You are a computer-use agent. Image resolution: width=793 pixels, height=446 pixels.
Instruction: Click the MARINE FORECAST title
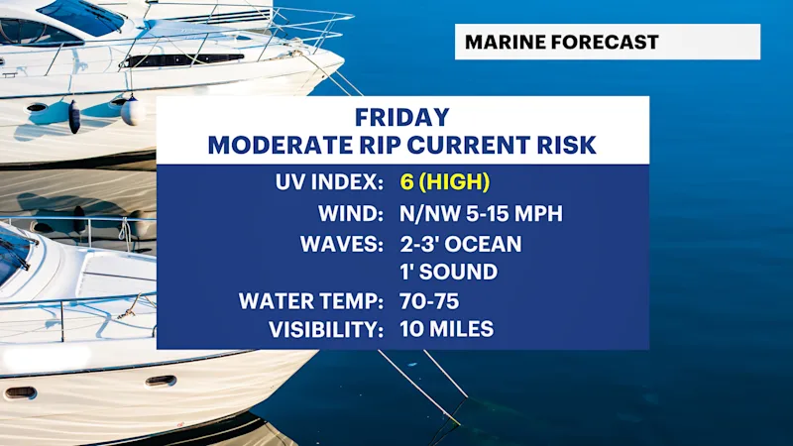point(561,42)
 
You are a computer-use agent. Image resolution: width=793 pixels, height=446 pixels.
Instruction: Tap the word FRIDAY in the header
point(402,117)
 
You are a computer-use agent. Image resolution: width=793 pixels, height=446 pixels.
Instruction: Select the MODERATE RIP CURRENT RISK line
point(402,145)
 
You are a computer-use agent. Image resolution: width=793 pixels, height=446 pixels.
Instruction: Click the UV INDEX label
point(329,182)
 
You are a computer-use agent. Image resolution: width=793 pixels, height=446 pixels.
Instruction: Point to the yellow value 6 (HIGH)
point(444,182)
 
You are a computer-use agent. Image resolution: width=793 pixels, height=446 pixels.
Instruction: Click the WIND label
point(351,213)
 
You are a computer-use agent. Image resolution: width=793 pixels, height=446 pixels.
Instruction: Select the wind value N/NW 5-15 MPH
point(481,213)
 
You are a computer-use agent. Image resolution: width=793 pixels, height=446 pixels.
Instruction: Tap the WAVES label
point(341,244)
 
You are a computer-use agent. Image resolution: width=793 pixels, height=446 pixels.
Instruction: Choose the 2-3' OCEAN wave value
point(461,244)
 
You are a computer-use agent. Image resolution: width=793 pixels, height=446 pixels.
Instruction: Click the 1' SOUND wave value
point(449,272)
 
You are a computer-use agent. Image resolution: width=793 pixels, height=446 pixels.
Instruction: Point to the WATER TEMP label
point(310,301)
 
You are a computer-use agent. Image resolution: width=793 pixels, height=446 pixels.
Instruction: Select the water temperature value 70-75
point(429,301)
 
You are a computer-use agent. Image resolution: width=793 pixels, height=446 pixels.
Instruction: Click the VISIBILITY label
point(326,330)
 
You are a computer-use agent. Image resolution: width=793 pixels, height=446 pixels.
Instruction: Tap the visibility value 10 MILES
point(447,329)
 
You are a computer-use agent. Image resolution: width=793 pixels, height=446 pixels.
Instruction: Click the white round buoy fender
point(133,111)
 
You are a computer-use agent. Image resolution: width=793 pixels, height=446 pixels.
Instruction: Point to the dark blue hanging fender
point(74,116)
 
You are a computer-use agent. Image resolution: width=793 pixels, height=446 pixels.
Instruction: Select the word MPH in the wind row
point(538,213)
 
